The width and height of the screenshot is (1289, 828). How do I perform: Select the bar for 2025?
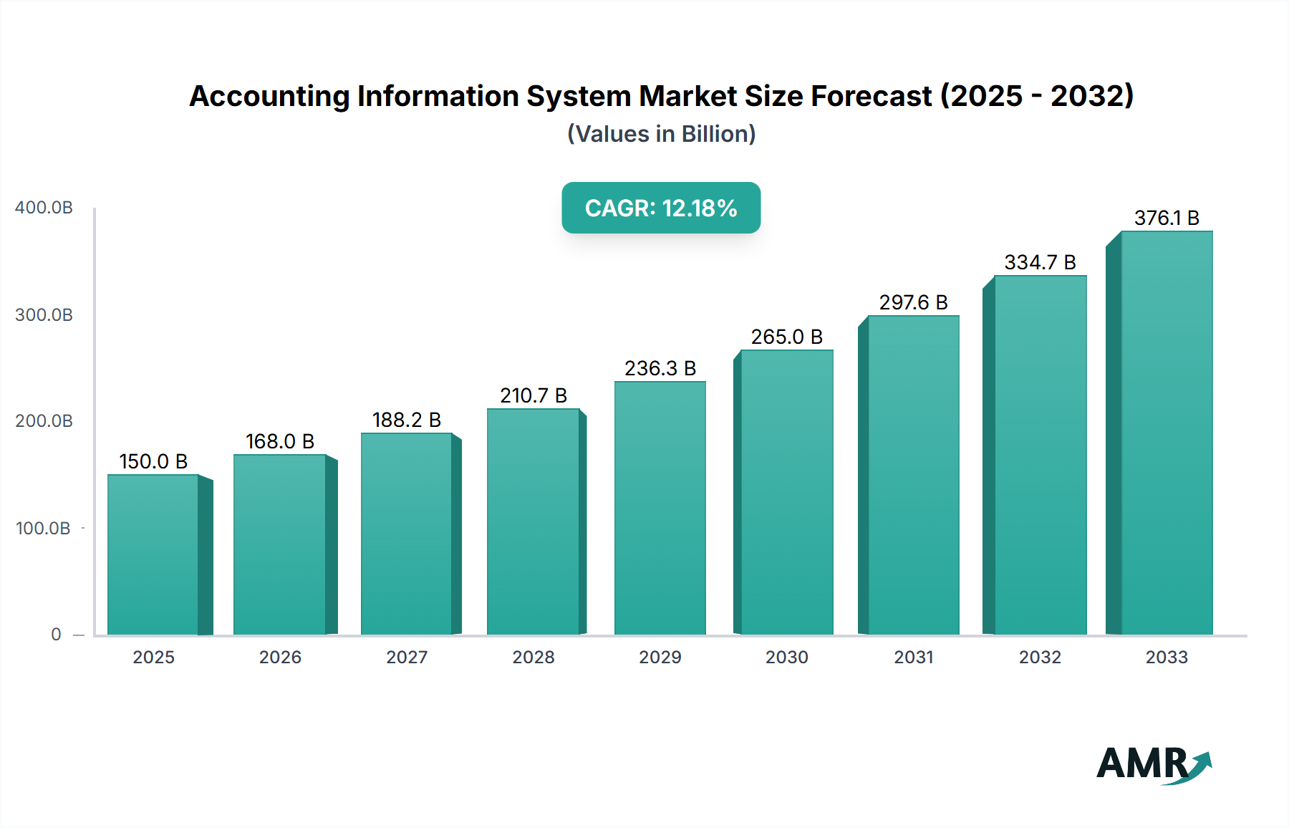153,554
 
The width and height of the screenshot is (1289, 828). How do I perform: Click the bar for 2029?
660,508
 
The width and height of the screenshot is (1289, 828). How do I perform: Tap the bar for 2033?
1167,433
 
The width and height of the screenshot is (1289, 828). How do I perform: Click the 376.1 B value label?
1167,218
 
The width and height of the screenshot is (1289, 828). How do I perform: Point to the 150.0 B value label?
153,461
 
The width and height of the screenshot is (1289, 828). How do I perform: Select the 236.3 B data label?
660,368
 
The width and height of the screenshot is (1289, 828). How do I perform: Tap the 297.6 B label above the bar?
913,302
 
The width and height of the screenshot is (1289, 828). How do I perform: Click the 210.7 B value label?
534,395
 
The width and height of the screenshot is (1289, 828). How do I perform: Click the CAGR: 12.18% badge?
661,208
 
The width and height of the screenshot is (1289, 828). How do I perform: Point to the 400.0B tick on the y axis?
44,208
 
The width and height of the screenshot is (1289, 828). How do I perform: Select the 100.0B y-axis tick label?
43,529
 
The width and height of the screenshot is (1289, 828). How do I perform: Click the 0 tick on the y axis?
56,635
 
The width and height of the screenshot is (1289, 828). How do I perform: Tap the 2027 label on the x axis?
407,658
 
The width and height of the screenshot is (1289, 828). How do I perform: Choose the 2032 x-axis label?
1040,658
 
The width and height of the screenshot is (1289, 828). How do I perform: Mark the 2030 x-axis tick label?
786,658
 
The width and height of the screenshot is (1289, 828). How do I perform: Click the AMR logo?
1153,764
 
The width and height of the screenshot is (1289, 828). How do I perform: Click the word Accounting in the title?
269,96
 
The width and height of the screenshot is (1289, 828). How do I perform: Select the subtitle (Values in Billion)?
661,134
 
